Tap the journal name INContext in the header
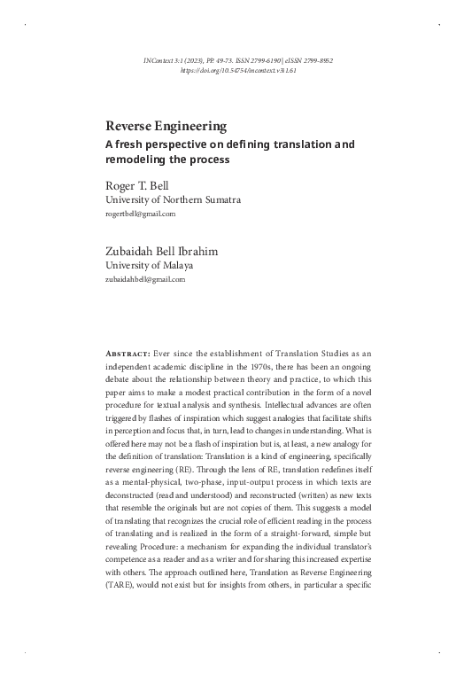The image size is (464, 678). (x=162, y=58)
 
